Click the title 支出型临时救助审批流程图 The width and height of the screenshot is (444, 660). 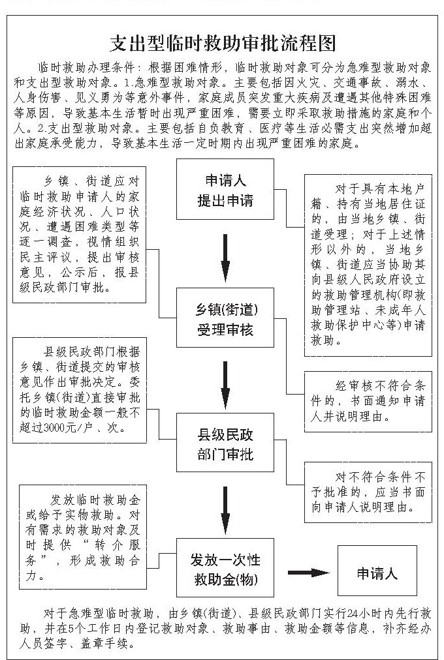pos(222,43)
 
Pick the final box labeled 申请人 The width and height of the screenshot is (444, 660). pos(377,573)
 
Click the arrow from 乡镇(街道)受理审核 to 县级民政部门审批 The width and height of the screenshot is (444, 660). pos(225,383)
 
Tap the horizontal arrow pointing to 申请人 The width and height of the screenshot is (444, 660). pos(308,573)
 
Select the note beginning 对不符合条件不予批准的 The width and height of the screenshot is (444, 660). pos(368,488)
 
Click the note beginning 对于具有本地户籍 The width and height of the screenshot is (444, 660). pos(368,264)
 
